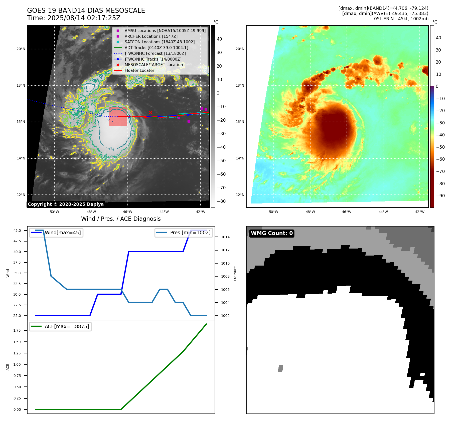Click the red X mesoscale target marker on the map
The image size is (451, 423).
click(151, 112)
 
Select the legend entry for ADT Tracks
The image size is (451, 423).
click(156, 48)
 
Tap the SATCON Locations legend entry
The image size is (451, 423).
click(160, 42)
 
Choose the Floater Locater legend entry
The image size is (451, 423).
click(139, 70)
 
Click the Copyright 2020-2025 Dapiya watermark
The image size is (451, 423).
click(66, 204)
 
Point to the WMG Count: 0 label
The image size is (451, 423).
click(272, 233)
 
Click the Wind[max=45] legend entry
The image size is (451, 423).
click(63, 233)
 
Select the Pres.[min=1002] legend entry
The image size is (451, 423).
click(190, 233)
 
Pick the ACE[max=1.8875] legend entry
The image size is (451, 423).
click(67, 326)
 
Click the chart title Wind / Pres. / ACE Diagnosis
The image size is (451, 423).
click(121, 219)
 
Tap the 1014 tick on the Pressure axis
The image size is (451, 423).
click(225, 237)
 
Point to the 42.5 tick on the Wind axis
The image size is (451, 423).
click(17, 241)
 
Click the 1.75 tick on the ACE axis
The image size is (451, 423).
click(17, 330)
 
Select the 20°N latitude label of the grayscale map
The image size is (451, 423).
click(21, 49)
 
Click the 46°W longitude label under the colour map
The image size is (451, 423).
click(347, 212)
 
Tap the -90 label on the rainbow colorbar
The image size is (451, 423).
click(440, 196)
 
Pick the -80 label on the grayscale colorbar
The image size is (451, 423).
click(221, 201)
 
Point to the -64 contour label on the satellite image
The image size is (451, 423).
click(110, 149)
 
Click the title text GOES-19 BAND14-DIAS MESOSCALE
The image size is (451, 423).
click(86, 11)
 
